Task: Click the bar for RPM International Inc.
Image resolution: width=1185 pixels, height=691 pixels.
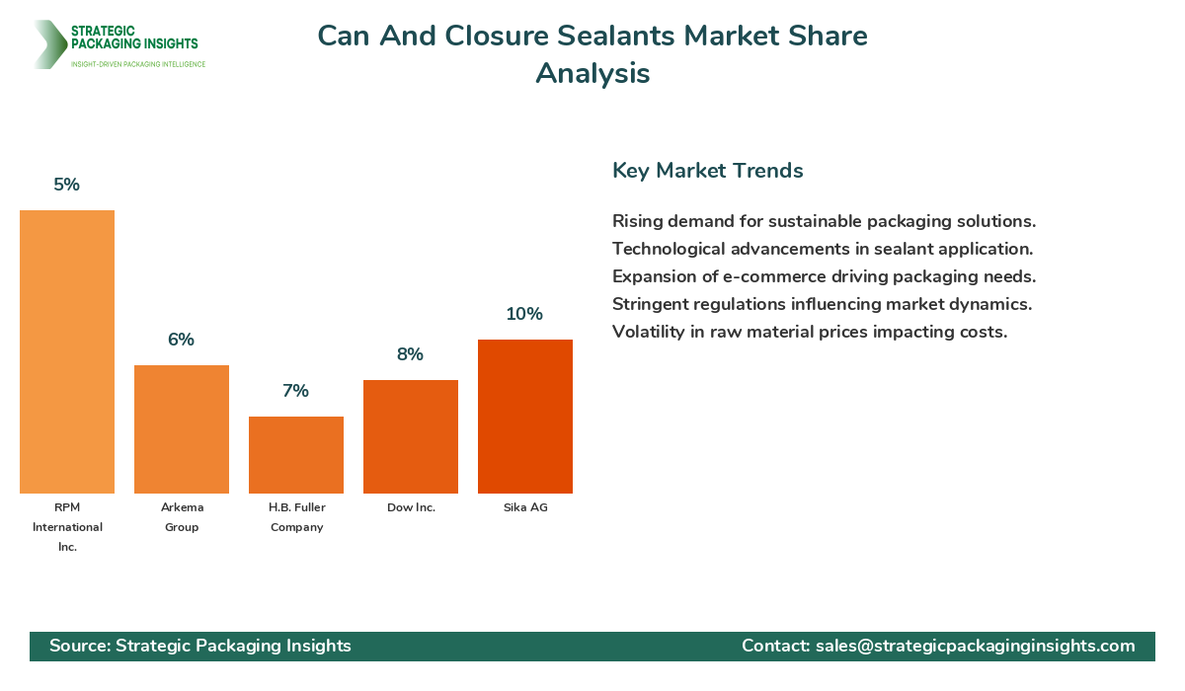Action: pyautogui.click(x=67, y=351)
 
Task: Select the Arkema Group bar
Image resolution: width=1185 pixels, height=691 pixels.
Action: pyautogui.click(x=182, y=429)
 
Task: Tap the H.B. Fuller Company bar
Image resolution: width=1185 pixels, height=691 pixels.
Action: pyautogui.click(x=296, y=455)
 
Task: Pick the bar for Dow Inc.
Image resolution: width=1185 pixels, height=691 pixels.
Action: pyautogui.click(x=411, y=436)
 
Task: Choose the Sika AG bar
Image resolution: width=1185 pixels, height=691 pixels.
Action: pyautogui.click(x=525, y=417)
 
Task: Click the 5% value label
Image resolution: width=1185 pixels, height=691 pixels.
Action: pyautogui.click(x=67, y=185)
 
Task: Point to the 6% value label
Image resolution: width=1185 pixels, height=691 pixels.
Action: pyautogui.click(x=182, y=340)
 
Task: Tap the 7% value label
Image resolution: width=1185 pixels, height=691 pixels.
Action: pyautogui.click(x=296, y=391)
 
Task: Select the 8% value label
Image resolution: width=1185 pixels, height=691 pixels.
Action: pyautogui.click(x=411, y=354)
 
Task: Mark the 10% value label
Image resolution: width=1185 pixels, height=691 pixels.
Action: pyautogui.click(x=525, y=314)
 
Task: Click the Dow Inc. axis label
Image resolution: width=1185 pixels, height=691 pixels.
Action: pyautogui.click(x=411, y=507)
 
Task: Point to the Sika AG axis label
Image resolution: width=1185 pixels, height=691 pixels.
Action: pyautogui.click(x=525, y=507)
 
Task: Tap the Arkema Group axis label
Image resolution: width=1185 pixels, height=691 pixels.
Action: pyautogui.click(x=182, y=517)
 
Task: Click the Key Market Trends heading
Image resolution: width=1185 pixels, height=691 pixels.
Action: pyautogui.click(x=708, y=171)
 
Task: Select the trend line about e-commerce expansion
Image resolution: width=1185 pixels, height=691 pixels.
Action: pyautogui.click(x=824, y=276)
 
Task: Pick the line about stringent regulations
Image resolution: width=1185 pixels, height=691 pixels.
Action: pyautogui.click(x=823, y=304)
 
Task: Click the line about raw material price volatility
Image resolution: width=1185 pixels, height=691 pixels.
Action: pyautogui.click(x=810, y=332)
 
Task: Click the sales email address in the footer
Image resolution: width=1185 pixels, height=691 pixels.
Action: pyautogui.click(x=975, y=646)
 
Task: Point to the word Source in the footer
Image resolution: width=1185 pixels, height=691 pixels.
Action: pyautogui.click(x=78, y=646)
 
